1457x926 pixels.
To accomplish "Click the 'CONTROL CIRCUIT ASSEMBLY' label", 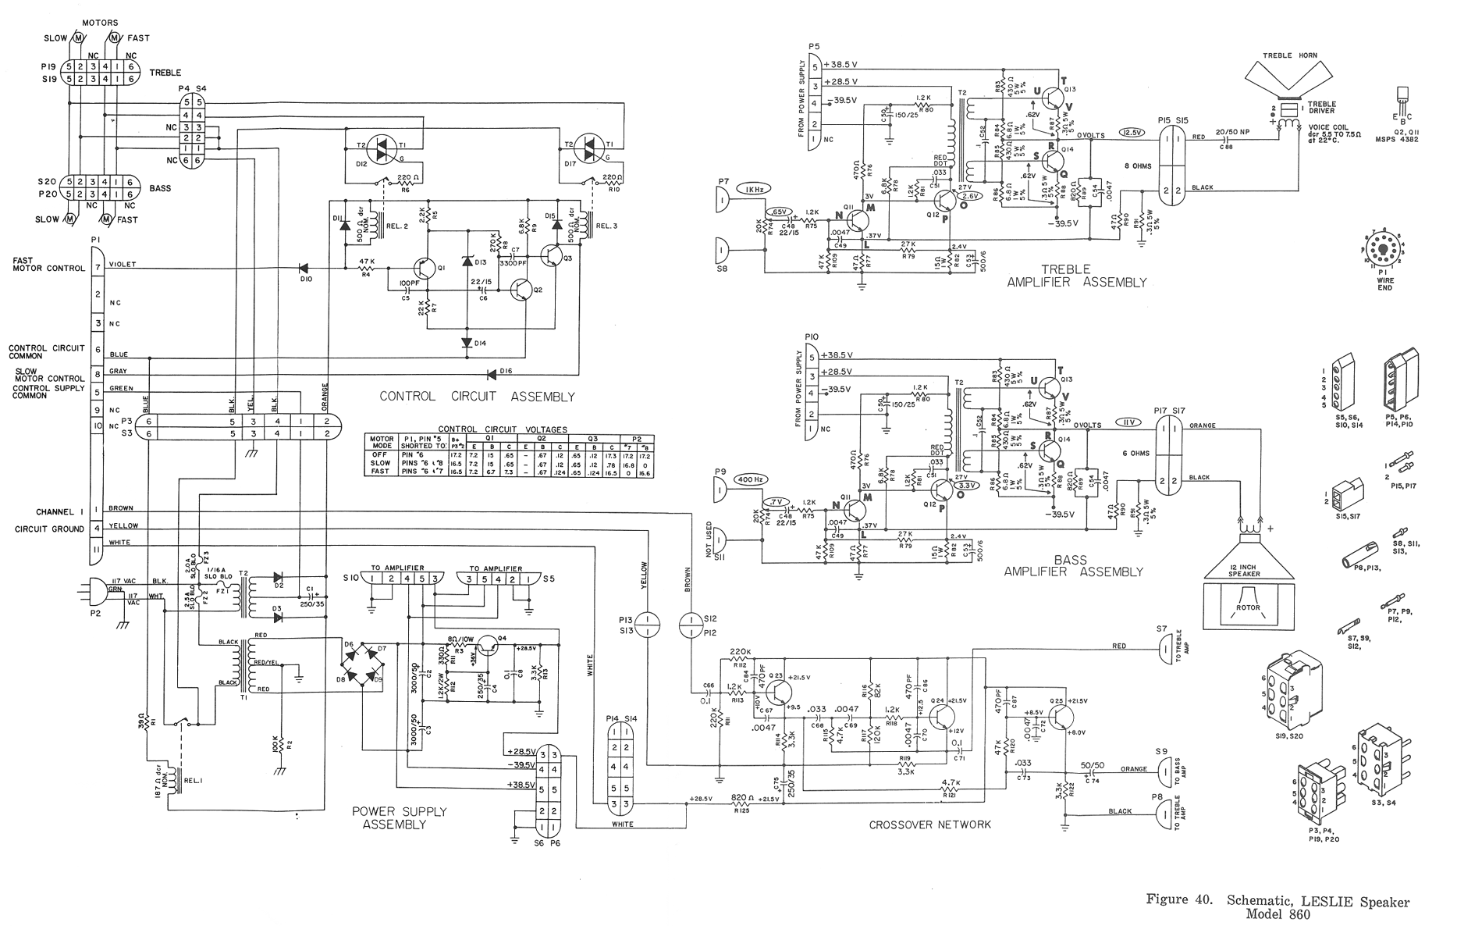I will [477, 397].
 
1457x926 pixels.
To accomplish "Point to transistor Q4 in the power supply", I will [489, 643].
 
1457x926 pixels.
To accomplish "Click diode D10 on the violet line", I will [305, 269].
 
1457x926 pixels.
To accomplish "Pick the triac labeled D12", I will [382, 153].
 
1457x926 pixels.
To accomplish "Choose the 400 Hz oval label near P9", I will [750, 479].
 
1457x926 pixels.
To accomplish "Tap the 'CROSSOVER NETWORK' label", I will [929, 824].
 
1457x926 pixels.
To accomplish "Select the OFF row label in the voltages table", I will [380, 454].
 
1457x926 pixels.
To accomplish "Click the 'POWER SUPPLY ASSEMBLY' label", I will [399, 817].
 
